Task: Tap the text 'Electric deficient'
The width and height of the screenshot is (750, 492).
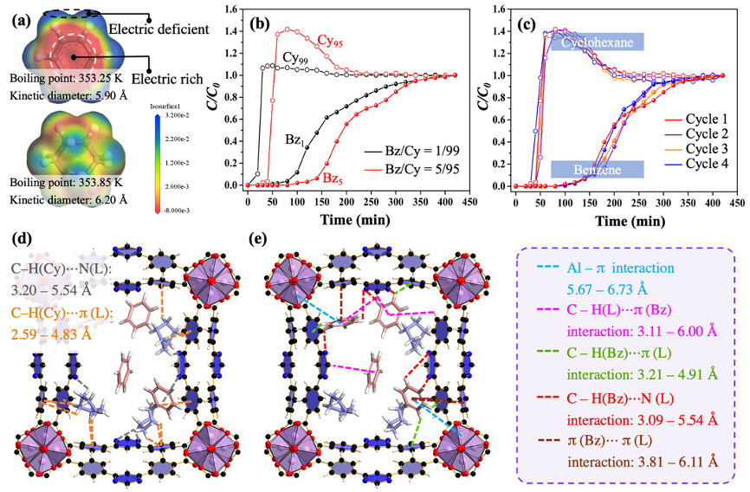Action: [158, 29]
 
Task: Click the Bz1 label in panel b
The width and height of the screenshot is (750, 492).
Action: [293, 139]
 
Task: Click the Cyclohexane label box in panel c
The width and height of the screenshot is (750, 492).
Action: [596, 42]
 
